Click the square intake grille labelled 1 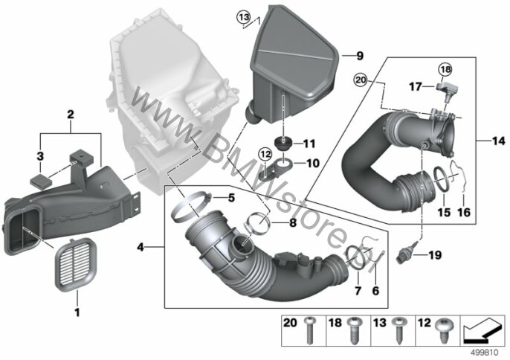pos(77,264)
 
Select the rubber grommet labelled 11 pos(282,144)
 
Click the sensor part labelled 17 pos(448,90)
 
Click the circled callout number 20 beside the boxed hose pos(361,80)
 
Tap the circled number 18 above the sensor pos(445,69)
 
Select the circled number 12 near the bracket pos(265,154)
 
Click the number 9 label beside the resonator pos(359,56)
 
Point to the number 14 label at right pos(499,141)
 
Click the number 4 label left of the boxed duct pos(141,248)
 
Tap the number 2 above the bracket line pos(70,115)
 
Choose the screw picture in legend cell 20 pos(309,330)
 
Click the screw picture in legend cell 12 pos(444,331)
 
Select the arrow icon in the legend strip pos(482,330)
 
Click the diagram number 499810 pos(486,352)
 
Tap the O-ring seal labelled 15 pos(441,179)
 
